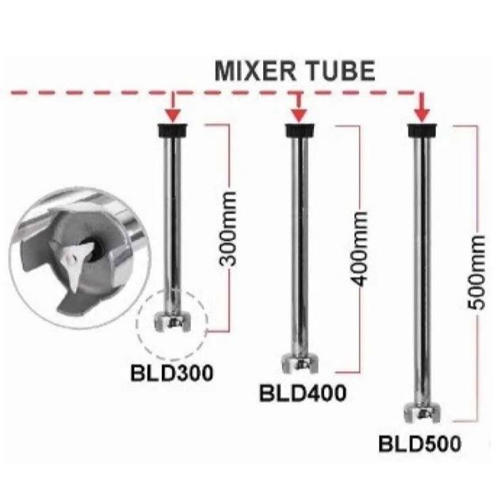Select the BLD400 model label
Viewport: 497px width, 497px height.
click(x=303, y=392)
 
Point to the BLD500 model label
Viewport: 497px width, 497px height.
click(x=419, y=444)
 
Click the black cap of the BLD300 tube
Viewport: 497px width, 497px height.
click(x=173, y=131)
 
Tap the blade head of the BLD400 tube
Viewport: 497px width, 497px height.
click(x=297, y=364)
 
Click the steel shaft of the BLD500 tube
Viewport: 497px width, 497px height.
click(x=419, y=270)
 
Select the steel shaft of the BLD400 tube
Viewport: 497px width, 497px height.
click(x=297, y=246)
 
